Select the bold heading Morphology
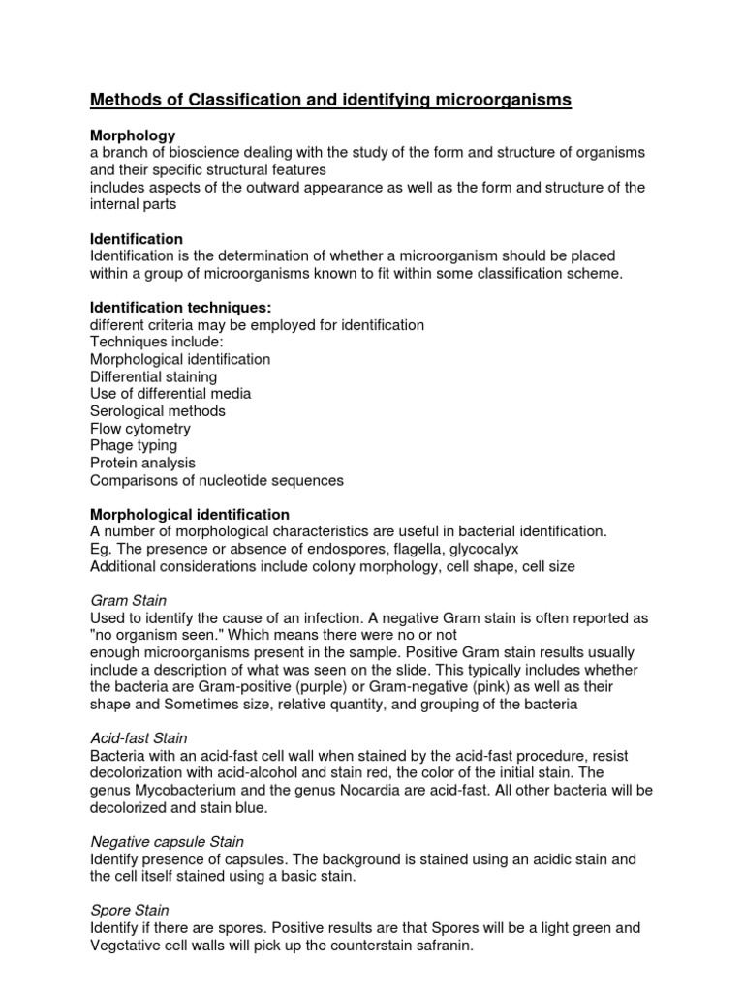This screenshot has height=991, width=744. [133, 136]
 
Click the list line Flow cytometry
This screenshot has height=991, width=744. [140, 428]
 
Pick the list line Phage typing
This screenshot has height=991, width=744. [134, 445]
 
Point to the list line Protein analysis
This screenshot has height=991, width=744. [142, 463]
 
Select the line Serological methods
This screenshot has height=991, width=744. [158, 410]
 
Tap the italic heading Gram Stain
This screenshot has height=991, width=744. [129, 600]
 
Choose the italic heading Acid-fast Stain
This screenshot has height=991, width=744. [139, 738]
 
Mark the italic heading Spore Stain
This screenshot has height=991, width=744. [129, 910]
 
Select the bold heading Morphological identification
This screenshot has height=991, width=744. [190, 514]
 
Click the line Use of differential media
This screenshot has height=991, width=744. [170, 394]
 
